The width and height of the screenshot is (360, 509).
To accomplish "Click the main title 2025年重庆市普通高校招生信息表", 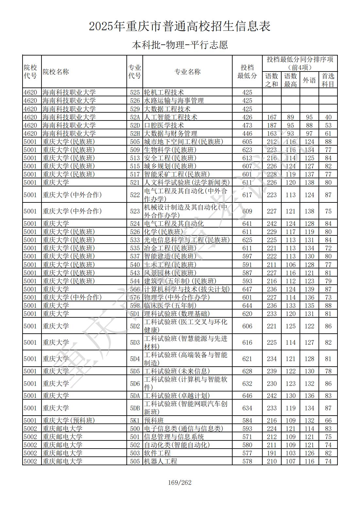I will click(180, 26).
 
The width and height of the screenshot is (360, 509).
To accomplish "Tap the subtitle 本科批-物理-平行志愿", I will click(180, 45).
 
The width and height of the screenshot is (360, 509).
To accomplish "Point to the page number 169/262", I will click(180, 482).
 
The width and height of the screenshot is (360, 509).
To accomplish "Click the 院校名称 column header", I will click(56, 72).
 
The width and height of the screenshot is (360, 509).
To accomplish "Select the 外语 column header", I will click(309, 80).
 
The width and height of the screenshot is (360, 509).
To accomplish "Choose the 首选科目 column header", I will click(328, 80).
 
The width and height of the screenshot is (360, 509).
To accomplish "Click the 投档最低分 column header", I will click(247, 72).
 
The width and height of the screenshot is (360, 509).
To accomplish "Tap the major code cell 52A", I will click(135, 117).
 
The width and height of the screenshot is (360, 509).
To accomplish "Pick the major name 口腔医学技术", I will click(164, 125).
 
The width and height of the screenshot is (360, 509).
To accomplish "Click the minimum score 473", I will click(247, 125).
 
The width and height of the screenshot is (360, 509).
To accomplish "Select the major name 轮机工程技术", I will click(164, 92).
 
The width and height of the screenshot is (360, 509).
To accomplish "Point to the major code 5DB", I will click(135, 408).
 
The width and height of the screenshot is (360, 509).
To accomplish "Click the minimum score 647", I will click(247, 289).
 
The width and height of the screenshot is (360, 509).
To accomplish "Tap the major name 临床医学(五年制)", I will click(170, 306).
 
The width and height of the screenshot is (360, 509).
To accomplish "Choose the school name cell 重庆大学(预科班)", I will click(69, 421).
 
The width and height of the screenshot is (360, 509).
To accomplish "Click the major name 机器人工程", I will click(160, 461).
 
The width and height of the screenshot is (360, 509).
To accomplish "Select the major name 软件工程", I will click(157, 453).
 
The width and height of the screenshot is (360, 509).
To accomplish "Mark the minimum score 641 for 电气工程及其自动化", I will click(247, 224).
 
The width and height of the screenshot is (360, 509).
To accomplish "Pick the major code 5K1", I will click(135, 421).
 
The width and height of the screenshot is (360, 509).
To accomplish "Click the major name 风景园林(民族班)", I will click(170, 273).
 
